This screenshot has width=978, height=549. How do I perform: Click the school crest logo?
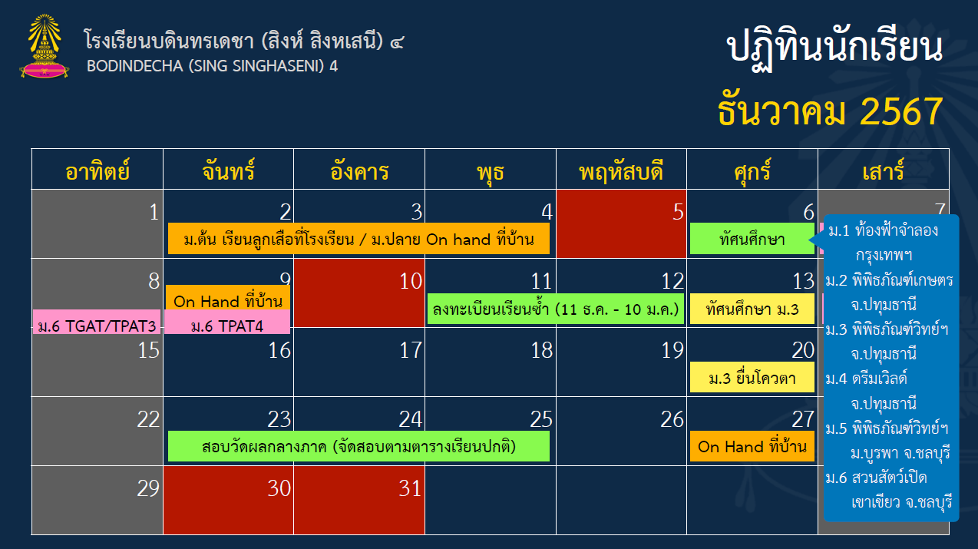pyautogui.click(x=44, y=46)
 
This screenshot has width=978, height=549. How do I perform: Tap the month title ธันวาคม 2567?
pyautogui.click(x=830, y=112)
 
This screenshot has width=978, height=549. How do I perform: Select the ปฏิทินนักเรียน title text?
pyautogui.click(x=834, y=48)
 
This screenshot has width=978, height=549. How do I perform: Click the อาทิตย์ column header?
pyautogui.click(x=97, y=170)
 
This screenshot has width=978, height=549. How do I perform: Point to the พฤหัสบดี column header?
pyautogui.click(x=621, y=170)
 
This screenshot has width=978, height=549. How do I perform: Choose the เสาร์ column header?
pyautogui.click(x=883, y=170)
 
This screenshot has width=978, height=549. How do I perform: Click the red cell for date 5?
pyautogui.click(x=621, y=223)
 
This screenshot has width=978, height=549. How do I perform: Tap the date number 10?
pyautogui.click(x=411, y=281)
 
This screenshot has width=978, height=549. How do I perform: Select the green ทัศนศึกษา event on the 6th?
pyautogui.click(x=752, y=239)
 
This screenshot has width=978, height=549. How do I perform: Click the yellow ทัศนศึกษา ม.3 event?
pyautogui.click(x=752, y=309)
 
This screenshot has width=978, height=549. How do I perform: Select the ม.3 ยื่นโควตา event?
pyautogui.click(x=752, y=377)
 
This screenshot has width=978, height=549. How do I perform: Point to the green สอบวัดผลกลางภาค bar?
pyautogui.click(x=358, y=446)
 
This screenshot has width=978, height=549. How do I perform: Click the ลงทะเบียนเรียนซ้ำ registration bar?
pyautogui.click(x=555, y=309)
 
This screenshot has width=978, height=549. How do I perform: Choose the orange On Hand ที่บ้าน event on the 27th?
pyautogui.click(x=752, y=446)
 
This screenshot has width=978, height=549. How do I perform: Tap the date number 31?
pyautogui.click(x=410, y=488)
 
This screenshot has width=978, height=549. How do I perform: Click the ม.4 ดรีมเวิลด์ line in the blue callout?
pyautogui.click(x=867, y=379)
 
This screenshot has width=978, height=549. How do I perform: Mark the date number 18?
pyautogui.click(x=541, y=350)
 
